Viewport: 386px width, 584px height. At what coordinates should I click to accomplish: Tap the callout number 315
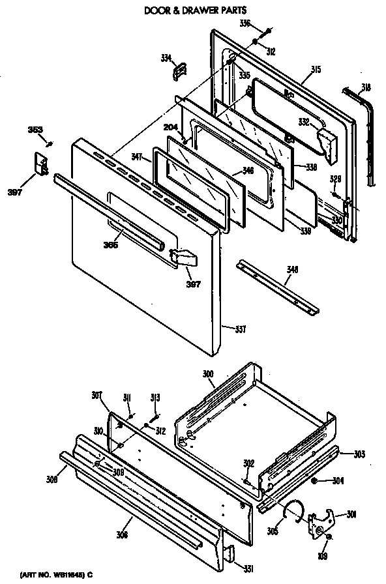point(316,69)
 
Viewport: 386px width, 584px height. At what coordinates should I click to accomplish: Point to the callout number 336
point(245,24)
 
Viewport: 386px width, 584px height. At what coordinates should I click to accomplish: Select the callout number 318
point(366,87)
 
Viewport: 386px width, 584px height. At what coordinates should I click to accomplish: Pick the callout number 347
point(136,157)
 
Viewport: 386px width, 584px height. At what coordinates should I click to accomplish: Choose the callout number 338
point(311,168)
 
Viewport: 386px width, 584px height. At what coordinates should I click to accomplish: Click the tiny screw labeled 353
point(50,143)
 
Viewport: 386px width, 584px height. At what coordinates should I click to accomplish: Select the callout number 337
point(240,328)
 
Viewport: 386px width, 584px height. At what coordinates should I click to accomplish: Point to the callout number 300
point(208,375)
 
